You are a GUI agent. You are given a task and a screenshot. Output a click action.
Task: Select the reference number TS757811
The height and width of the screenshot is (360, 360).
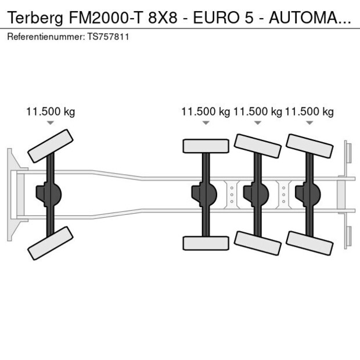tap(110, 37)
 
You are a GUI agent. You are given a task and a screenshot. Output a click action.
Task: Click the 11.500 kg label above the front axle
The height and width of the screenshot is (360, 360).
tap(51, 112)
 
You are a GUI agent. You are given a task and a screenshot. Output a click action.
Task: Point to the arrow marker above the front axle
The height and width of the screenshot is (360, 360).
tap(51, 123)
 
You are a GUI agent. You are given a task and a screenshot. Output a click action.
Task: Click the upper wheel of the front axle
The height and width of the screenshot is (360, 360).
tap(51, 146)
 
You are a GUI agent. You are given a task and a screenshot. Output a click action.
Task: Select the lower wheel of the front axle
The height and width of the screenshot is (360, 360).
tap(51, 243)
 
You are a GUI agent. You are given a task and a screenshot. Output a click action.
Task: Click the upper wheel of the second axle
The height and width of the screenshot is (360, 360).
tap(206, 146)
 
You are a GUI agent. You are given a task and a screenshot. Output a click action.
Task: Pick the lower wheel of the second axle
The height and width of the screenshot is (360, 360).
tap(206, 243)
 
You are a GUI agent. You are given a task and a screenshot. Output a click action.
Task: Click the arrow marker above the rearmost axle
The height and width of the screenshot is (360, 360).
tap(309, 123)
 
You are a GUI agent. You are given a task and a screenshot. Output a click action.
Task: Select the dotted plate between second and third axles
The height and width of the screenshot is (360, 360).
tap(232, 194)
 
